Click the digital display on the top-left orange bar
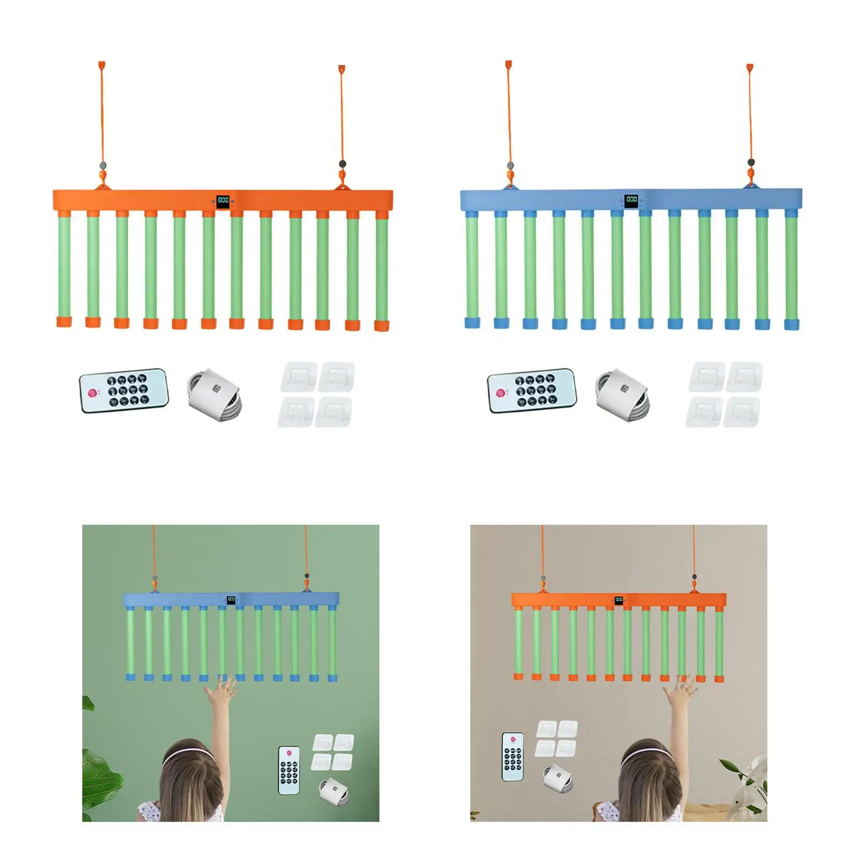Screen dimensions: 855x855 (223, 200)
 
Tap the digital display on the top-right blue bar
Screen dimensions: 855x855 (632, 200)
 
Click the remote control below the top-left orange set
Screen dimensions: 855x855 (124, 390)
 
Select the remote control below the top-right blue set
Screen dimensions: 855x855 (532, 390)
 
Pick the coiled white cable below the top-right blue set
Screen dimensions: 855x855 (623, 394)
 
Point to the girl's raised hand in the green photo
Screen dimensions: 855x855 (225, 689)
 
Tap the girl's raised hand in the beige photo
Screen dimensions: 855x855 (680, 689)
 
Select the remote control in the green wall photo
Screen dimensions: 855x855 (289, 770)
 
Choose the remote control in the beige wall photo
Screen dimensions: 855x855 (513, 756)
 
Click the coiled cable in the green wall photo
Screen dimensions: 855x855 (335, 791)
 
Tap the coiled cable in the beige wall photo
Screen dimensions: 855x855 (558, 778)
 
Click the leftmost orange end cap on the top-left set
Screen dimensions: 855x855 (64, 321)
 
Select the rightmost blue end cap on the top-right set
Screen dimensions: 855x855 (791, 324)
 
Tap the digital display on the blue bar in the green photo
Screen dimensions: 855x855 (231, 600)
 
